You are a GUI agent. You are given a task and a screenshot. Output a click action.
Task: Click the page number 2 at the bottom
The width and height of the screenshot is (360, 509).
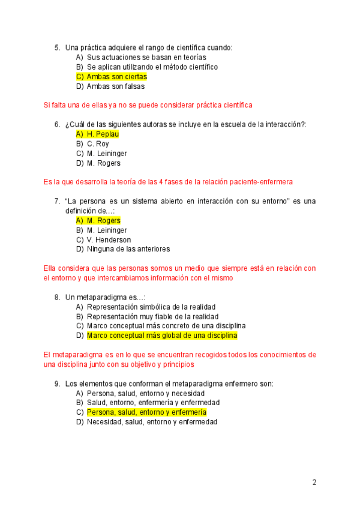(x=314, y=482)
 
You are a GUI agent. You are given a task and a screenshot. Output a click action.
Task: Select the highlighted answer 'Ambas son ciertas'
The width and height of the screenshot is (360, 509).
(x=116, y=77)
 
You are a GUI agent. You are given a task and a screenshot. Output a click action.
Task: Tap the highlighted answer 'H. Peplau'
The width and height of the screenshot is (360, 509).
(x=103, y=134)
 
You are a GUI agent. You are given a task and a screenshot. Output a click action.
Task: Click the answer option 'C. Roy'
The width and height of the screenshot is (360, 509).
(x=98, y=144)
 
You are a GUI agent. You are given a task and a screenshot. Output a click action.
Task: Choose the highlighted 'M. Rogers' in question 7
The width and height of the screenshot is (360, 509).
(x=103, y=221)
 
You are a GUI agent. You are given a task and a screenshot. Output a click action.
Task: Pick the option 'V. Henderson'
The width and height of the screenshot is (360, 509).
(x=109, y=240)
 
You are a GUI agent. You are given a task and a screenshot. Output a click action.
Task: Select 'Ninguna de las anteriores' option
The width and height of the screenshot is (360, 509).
(x=128, y=249)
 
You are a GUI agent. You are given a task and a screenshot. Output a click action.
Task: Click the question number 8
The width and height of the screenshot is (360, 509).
(x=57, y=297)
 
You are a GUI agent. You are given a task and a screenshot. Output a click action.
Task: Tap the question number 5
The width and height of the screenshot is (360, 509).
(x=57, y=47)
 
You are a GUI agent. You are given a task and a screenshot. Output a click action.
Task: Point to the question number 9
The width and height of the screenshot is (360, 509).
(x=57, y=384)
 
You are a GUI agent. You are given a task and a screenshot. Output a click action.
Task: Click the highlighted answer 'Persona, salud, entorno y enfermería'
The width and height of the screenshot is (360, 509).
(x=146, y=412)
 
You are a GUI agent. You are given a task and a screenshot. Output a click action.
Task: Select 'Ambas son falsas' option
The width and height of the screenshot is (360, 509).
(x=116, y=86)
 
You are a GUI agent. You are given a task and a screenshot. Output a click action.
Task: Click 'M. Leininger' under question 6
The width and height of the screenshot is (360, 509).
(x=107, y=154)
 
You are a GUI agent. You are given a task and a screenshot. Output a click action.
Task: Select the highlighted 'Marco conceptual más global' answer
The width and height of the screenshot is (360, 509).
(x=162, y=336)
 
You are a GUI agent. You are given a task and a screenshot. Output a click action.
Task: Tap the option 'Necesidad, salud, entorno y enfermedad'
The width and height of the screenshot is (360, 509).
(x=152, y=422)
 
